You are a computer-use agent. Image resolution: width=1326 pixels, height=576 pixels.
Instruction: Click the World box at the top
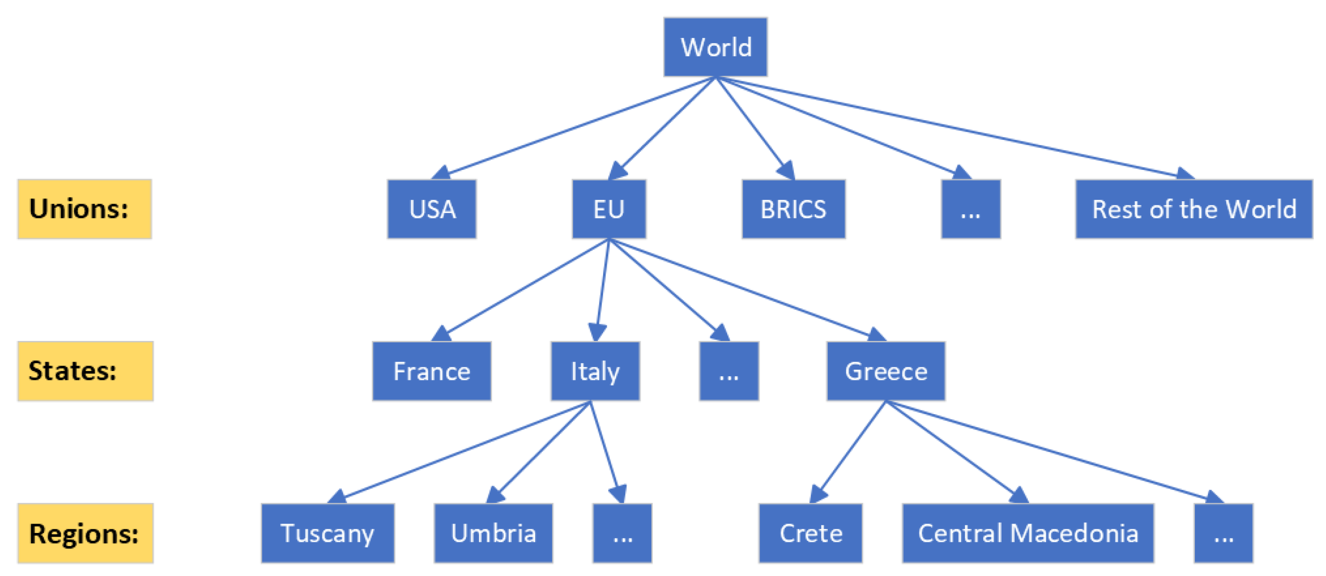pos(715,47)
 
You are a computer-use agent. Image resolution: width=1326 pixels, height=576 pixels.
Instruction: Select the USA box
pos(432,209)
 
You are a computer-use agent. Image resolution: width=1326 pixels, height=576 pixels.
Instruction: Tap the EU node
pos(609,209)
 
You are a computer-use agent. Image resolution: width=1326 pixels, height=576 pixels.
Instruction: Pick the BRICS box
pos(793,209)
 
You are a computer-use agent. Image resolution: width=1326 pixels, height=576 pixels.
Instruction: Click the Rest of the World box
pos(1193,209)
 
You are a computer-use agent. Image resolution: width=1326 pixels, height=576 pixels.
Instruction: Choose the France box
pos(431,371)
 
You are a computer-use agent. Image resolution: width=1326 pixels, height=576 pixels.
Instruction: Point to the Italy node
pos(595,371)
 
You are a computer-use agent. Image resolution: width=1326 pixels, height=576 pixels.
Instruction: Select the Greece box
pos(886,371)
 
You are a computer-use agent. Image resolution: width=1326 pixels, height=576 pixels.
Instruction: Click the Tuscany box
pos(327,533)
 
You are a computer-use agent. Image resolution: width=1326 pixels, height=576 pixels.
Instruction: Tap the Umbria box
pos(493,533)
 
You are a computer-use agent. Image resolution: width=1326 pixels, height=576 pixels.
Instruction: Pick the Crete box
pos(810,533)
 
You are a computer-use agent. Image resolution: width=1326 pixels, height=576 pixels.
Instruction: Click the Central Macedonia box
pos(1028,533)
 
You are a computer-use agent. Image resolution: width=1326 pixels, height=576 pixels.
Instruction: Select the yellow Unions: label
pos(84,209)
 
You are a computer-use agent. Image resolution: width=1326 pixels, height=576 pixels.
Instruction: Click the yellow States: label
pos(85,371)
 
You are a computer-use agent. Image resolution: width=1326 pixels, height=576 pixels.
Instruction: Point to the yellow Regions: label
pos(85,533)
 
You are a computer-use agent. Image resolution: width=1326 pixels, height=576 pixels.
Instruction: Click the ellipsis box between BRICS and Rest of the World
pos(971,209)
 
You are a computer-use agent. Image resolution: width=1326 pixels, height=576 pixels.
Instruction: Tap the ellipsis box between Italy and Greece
pos(729,371)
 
